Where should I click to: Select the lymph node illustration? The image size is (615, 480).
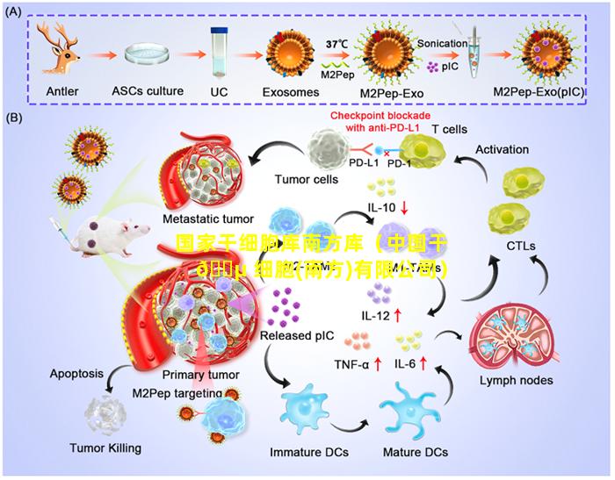tap(510, 338)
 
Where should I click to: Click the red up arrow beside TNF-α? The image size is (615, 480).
tap(378, 362)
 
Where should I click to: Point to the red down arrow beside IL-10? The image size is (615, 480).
tap(403, 208)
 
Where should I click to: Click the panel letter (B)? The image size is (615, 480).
tap(15, 117)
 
